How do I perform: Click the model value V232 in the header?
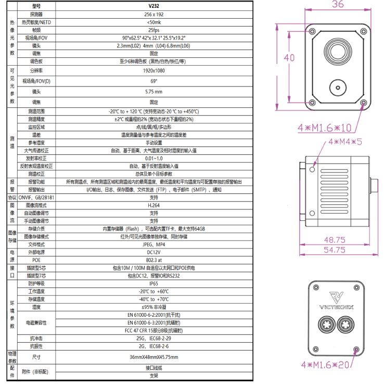(x=153, y=6)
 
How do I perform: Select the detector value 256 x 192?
(x=153, y=15)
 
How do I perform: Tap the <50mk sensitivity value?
(x=153, y=22)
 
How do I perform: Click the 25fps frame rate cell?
(x=153, y=30)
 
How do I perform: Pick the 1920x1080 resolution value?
(x=153, y=69)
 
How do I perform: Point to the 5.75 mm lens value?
(x=153, y=92)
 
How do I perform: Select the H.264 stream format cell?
(x=153, y=205)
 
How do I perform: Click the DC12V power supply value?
(x=153, y=252)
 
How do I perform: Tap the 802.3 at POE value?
(x=153, y=259)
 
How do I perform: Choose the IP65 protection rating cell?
(x=153, y=283)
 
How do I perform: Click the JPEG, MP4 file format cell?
(x=153, y=244)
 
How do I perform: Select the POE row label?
(x=36, y=259)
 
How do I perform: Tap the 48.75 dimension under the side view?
(x=335, y=240)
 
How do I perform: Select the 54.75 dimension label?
(x=335, y=250)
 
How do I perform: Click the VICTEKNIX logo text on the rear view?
(x=336, y=306)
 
